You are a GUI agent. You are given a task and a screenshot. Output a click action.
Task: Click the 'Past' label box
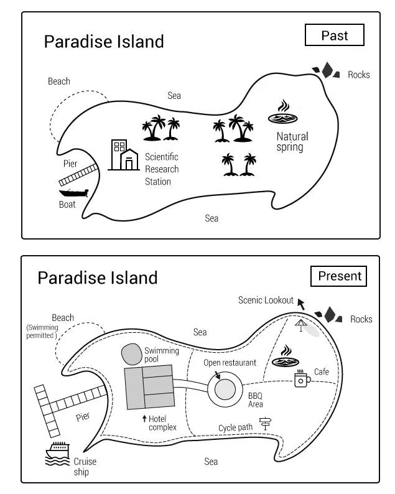(x=335, y=35)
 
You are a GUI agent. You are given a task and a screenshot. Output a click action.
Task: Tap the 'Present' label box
(x=339, y=276)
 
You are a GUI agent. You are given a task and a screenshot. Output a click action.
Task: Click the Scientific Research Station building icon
(x=124, y=155)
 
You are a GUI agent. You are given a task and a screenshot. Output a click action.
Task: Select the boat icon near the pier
(x=73, y=193)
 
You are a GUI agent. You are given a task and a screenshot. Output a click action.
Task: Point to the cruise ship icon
(x=57, y=454)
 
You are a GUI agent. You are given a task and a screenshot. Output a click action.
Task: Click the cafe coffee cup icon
(x=302, y=378)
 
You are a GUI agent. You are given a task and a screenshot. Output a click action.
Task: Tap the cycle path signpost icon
(x=265, y=424)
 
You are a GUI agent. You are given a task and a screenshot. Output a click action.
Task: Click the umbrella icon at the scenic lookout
(x=301, y=325)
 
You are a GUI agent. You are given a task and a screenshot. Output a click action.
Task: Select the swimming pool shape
(x=132, y=354)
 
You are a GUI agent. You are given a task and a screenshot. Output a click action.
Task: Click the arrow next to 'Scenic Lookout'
(x=301, y=304)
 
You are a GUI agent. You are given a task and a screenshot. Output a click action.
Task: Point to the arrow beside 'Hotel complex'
(x=144, y=418)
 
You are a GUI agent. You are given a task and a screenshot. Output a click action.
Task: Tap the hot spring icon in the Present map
(x=286, y=356)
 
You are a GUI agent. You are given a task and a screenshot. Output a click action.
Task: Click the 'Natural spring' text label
(x=292, y=142)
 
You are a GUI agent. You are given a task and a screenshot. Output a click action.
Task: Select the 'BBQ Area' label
(x=256, y=400)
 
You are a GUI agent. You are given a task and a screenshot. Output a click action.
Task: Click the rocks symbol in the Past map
(x=327, y=70)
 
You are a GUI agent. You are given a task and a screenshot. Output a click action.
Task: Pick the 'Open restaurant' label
(x=230, y=363)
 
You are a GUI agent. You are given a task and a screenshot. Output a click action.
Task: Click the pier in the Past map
(x=78, y=175)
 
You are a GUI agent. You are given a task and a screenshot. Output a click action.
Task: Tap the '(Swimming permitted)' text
(x=42, y=331)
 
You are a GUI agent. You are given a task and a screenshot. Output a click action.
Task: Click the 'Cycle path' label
(x=235, y=427)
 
